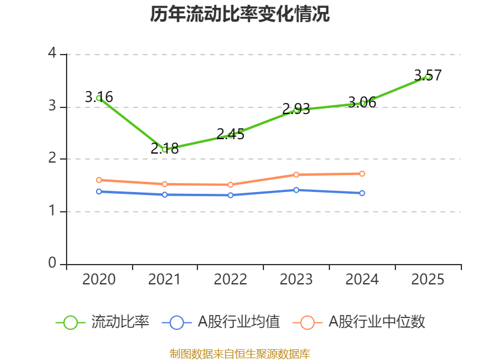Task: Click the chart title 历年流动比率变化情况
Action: (240, 14)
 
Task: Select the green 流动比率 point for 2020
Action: (99, 98)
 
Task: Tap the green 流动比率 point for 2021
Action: (164, 149)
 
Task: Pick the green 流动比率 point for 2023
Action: (296, 109)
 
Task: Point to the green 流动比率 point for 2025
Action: (428, 76)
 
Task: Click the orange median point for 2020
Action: (99, 180)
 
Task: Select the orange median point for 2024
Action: (362, 173)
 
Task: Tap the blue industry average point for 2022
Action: (230, 195)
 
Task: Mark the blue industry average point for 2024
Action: (362, 193)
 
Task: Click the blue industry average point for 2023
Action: (296, 190)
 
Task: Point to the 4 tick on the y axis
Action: (52, 54)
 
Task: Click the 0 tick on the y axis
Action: (52, 263)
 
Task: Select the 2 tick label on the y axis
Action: (52, 158)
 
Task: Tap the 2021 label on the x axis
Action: (164, 280)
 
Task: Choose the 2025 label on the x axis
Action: (428, 280)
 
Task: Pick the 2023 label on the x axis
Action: (296, 280)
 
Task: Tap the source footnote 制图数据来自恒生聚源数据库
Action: (240, 353)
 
